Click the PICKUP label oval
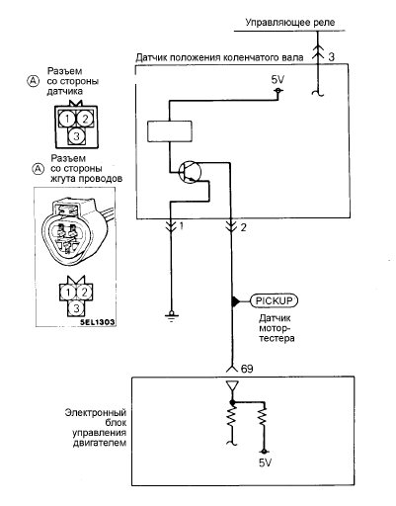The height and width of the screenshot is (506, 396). pyautogui.click(x=274, y=300)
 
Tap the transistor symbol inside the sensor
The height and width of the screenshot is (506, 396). pyautogui.click(x=190, y=171)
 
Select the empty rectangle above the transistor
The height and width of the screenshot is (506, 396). pyautogui.click(x=170, y=131)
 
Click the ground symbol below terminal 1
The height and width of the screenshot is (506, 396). pyautogui.click(x=171, y=315)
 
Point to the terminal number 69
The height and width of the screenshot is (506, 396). pyautogui.click(x=247, y=369)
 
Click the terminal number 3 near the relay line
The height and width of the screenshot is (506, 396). pyautogui.click(x=331, y=57)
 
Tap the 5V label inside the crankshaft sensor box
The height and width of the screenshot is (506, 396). pyautogui.click(x=277, y=80)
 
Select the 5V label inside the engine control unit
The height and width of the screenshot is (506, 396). pyautogui.click(x=265, y=463)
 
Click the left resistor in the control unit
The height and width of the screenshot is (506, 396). pyautogui.click(x=232, y=417)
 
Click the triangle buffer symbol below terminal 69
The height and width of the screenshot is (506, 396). pyautogui.click(x=232, y=385)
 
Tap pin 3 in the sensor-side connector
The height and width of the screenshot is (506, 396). pyautogui.click(x=76, y=135)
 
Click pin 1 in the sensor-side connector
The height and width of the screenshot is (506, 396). pyautogui.click(x=67, y=119)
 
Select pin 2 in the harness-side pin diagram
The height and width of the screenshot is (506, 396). pyautogui.click(x=84, y=293)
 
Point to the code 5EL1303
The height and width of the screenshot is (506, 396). pyautogui.click(x=98, y=322)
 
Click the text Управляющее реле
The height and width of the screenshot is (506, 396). pyautogui.click(x=290, y=23)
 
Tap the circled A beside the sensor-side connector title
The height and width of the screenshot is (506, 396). pyautogui.click(x=33, y=81)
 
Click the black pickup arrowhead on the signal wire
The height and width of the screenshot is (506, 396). pyautogui.click(x=236, y=301)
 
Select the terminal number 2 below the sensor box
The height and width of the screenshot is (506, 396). pyautogui.click(x=243, y=227)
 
